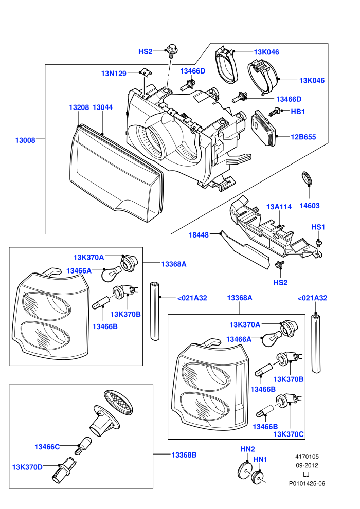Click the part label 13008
(x=25, y=140)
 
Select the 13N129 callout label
(x=114, y=74)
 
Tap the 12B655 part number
(x=303, y=137)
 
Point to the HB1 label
(x=298, y=112)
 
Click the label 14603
(x=310, y=206)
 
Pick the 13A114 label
(x=279, y=207)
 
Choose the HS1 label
(x=318, y=227)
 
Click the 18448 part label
(x=199, y=234)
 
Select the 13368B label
(x=184, y=455)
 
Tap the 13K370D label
(x=27, y=467)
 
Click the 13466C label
(x=47, y=447)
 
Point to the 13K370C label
(x=289, y=434)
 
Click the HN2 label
(x=247, y=449)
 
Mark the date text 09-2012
(x=307, y=465)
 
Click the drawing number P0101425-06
(x=307, y=483)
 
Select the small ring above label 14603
(x=307, y=178)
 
